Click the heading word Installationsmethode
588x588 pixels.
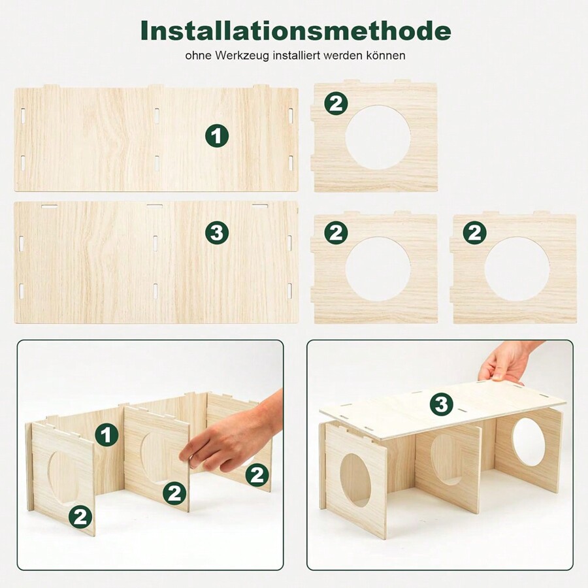coord(295,30)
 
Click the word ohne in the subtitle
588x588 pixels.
coord(197,56)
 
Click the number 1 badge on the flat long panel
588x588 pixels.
coord(217,136)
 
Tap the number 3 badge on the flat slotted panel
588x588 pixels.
coord(217,233)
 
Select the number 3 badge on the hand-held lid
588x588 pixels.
coord(442,404)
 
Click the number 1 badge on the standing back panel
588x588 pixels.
coord(107,434)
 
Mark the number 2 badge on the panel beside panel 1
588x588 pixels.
coord(336,103)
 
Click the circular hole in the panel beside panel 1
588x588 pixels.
coord(378,137)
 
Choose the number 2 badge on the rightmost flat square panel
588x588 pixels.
coord(474,233)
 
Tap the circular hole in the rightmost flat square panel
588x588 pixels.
coord(516,269)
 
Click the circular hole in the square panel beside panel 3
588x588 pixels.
coord(378,269)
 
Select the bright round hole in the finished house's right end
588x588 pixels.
coord(528,443)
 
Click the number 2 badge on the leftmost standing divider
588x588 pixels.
coord(80,517)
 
